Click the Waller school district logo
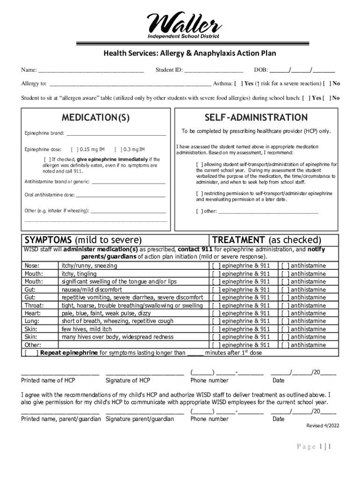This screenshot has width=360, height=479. click(x=183, y=25)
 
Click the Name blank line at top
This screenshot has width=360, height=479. click(x=91, y=71)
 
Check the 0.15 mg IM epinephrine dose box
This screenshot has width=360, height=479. click(x=74, y=150)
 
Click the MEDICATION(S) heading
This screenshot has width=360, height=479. click(x=96, y=117)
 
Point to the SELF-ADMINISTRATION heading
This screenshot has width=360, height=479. click(x=256, y=117)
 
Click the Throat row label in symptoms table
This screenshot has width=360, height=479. click(x=34, y=305)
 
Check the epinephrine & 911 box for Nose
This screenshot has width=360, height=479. click(x=216, y=266)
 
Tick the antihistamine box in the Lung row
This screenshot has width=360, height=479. click(x=285, y=321)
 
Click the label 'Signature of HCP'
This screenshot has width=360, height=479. click(x=128, y=381)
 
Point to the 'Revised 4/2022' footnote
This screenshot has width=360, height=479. click(x=323, y=426)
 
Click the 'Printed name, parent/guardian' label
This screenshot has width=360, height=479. click(x=61, y=419)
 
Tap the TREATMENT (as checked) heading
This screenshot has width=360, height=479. click(x=267, y=240)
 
